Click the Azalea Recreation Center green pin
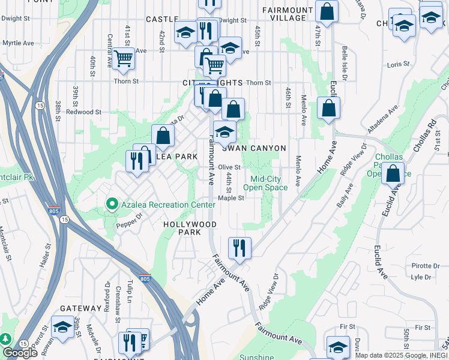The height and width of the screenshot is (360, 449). click(111, 205)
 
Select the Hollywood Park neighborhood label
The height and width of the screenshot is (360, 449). click(190, 228)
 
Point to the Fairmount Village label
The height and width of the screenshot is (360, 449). click(288, 14)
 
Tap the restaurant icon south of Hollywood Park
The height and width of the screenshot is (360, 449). click(240, 247)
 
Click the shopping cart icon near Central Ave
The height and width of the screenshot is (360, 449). click(123, 59)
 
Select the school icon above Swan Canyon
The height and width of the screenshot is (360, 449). click(224, 132)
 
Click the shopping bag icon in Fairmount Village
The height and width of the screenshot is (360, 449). click(327, 11)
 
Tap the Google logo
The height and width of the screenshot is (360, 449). click(20, 353)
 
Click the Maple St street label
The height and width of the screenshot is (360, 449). click(231, 198)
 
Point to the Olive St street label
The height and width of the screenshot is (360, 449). click(229, 167)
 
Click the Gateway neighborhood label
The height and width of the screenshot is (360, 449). click(80, 308)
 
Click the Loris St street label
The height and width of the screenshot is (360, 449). click(398, 64)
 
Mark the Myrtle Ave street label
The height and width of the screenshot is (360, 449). click(18, 43)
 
